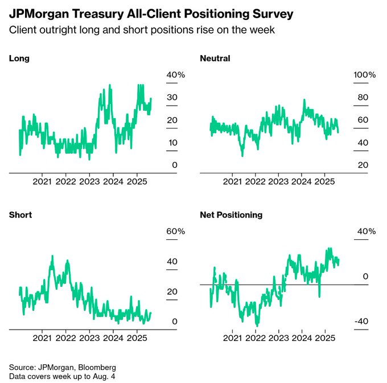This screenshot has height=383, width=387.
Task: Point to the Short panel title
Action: (20, 215)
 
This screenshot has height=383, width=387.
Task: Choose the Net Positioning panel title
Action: (231, 215)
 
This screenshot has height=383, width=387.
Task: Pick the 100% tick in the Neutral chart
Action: (365, 75)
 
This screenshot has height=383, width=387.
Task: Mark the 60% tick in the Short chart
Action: (171, 232)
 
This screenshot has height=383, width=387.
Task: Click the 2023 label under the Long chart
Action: (89, 181)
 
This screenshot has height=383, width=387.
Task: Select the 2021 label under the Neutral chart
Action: (231, 181)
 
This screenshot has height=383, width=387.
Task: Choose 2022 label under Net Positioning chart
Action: (255, 338)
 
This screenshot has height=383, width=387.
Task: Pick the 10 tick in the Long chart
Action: (171, 143)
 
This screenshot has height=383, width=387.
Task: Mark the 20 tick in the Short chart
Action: (171, 292)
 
